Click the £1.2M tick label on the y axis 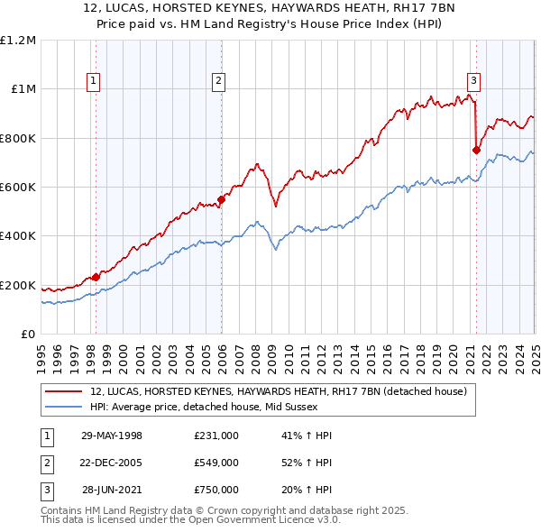[18, 40]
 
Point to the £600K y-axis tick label [18, 188]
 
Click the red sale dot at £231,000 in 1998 [96, 278]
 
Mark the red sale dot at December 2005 [221, 199]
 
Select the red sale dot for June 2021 [476, 151]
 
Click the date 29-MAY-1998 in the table [112, 436]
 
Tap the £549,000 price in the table [216, 463]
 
